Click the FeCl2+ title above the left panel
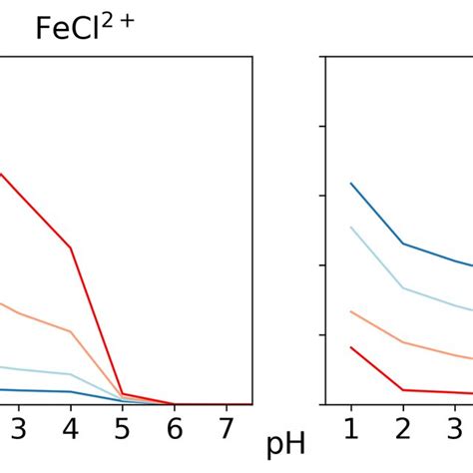pos(86,27)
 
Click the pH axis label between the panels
pos(286,444)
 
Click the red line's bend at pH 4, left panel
pos(70,247)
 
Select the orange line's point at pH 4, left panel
pos(70,331)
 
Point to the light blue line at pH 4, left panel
pos(70,375)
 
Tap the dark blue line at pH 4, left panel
pos(70,392)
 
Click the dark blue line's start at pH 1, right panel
pos(350,184)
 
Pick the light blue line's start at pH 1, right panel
pos(350,228)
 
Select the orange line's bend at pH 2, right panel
pos(402,342)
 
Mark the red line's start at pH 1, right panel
pos(350,347)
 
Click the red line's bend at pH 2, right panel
pos(402,390)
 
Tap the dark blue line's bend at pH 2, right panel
pos(402,243)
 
